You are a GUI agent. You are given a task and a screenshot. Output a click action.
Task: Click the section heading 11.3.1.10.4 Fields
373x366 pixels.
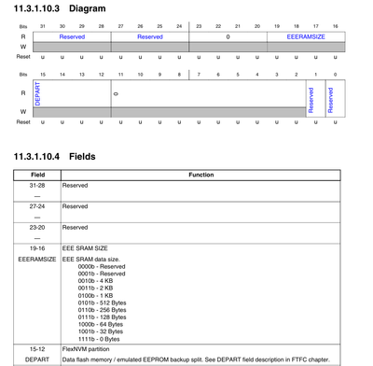coord(57,155)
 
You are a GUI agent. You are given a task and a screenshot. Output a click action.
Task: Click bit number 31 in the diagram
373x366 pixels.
coord(42,27)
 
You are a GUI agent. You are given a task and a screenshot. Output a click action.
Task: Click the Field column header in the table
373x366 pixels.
coord(38,175)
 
